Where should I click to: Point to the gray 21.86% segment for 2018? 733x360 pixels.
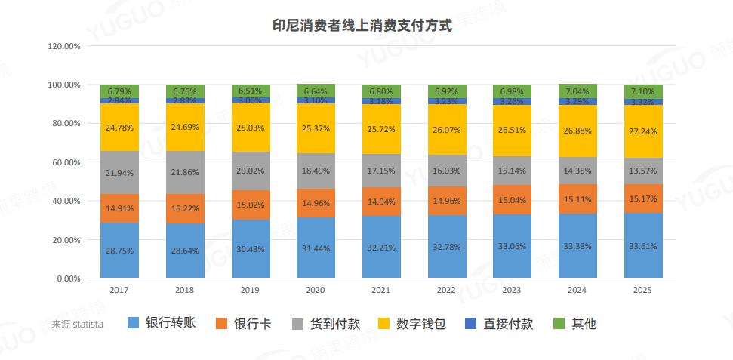(185, 172)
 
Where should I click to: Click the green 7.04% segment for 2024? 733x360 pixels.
(578, 91)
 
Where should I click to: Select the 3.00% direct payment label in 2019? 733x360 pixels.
(251, 100)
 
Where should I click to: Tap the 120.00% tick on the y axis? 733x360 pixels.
(63, 46)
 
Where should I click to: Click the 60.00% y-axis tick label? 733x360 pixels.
(66, 162)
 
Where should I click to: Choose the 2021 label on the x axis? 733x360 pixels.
(381, 290)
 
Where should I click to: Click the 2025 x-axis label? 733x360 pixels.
(643, 290)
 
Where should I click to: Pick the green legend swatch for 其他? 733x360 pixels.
(559, 324)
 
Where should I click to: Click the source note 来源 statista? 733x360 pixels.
(78, 325)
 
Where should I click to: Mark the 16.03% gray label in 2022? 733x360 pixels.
(447, 171)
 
